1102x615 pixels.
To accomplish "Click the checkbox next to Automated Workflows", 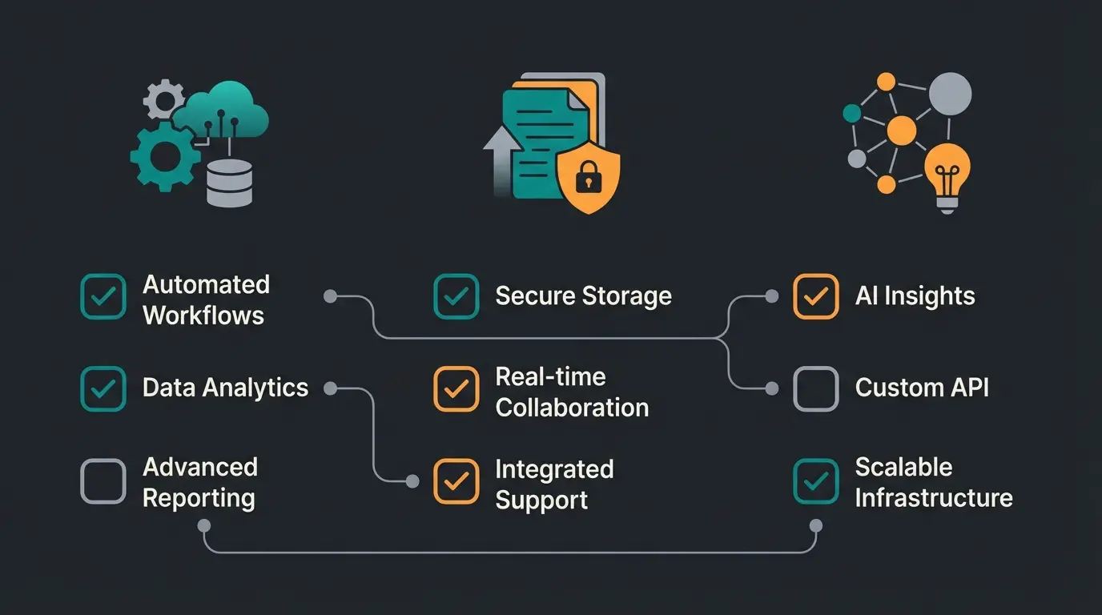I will [103, 297].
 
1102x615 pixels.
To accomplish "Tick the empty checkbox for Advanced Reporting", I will [103, 481].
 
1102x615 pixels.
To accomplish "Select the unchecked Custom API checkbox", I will [815, 389].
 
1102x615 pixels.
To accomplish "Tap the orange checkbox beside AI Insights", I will [815, 297].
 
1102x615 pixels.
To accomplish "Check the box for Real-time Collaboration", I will [456, 389].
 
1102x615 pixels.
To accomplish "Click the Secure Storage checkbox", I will [456, 297].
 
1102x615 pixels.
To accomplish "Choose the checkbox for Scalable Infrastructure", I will [815, 481].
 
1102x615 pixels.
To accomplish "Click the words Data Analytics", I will [225, 388].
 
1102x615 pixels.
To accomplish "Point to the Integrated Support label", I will [553, 484].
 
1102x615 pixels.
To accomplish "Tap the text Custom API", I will [921, 388].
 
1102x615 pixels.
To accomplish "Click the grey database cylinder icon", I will [229, 182].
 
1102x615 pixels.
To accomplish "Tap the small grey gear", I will [163, 99].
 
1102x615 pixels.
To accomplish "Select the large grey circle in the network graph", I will [949, 94].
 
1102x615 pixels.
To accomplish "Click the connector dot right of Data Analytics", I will [330, 388].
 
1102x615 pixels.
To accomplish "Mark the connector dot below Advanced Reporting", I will [204, 526].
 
